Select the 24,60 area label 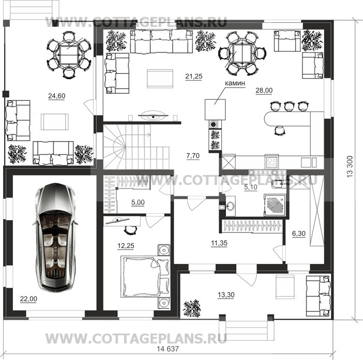click(56, 95)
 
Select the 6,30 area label click(299, 234)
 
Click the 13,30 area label click(223, 295)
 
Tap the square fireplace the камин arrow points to click(215, 109)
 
